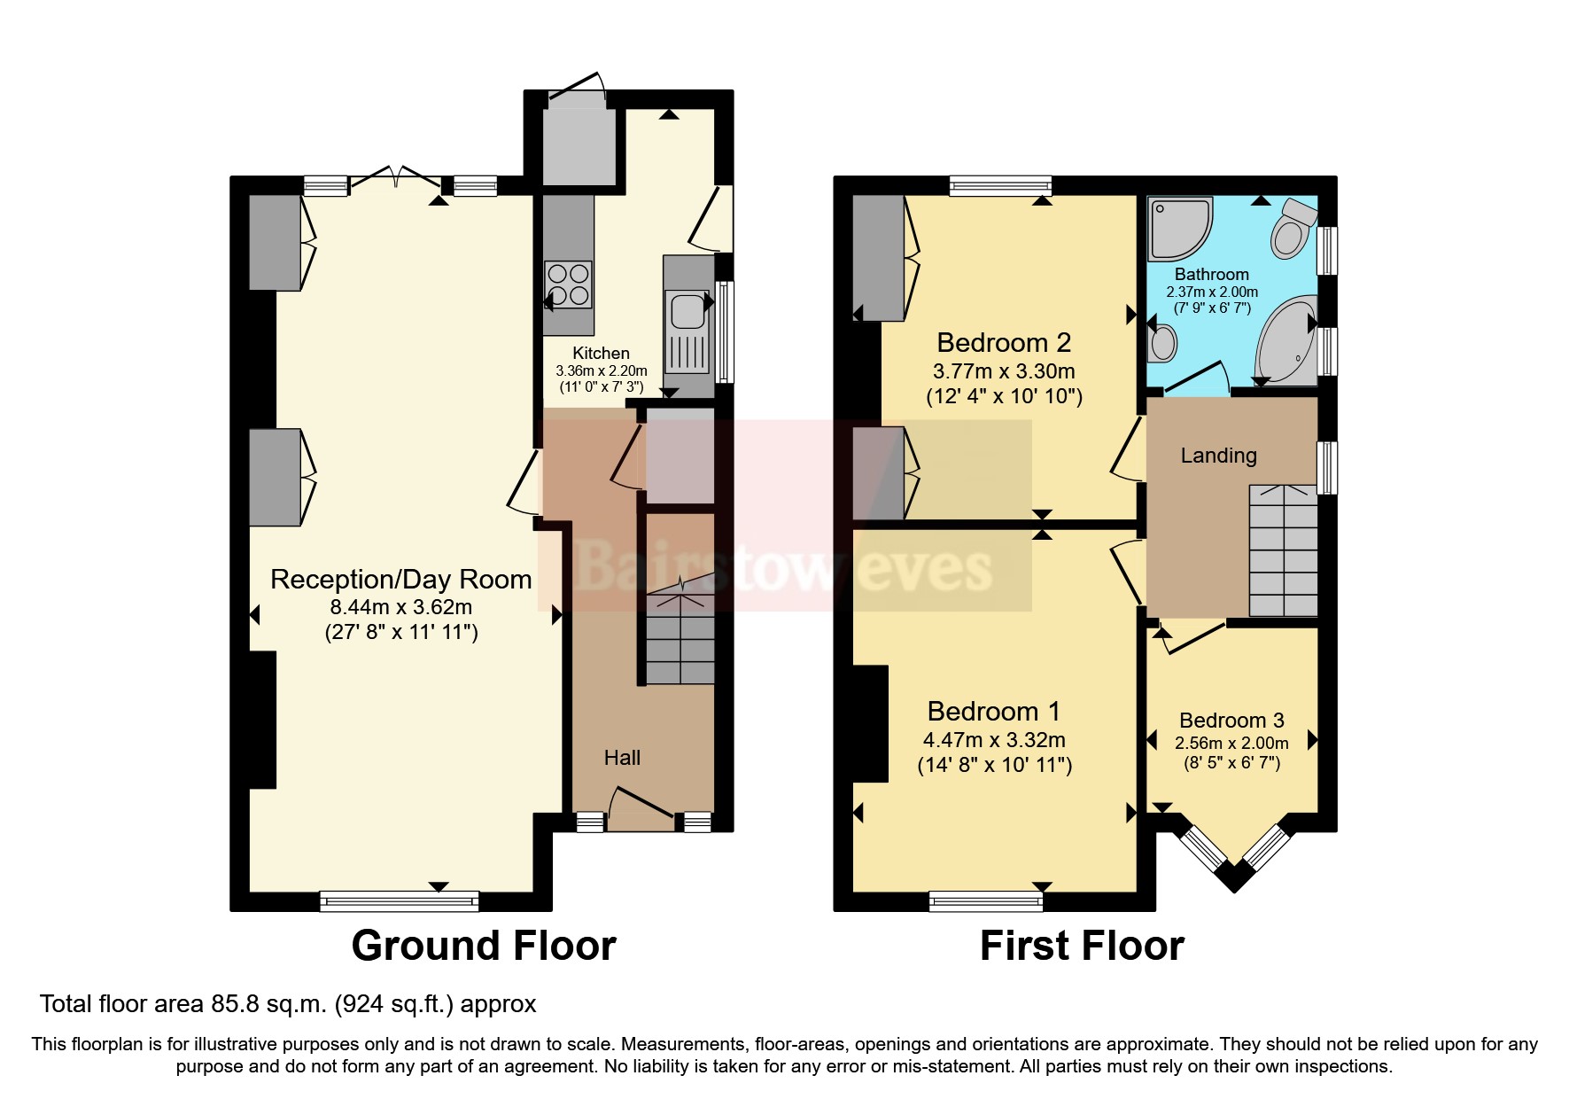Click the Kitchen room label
click(x=601, y=353)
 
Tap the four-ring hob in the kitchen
click(x=568, y=284)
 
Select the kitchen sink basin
click(x=687, y=311)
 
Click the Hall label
click(x=622, y=758)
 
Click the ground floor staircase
click(x=680, y=638)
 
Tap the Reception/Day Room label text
click(x=400, y=579)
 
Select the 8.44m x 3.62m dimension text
click(x=400, y=607)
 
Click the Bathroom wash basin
click(x=1162, y=342)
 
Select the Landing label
click(x=1218, y=456)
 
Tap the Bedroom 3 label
click(x=1231, y=721)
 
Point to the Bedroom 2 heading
click(x=1004, y=342)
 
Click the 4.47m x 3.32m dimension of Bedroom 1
click(x=994, y=740)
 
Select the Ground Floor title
click(x=483, y=946)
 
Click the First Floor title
click(x=1081, y=946)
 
